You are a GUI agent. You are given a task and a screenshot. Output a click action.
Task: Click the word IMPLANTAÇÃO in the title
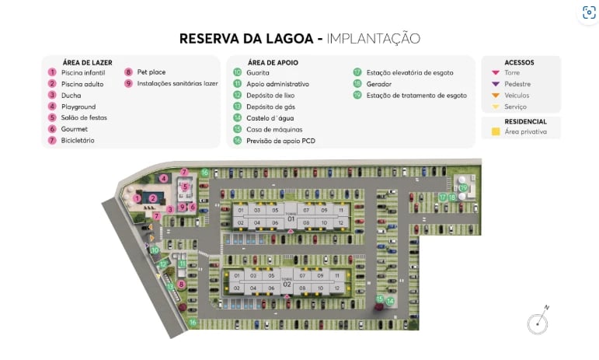coord(373,38)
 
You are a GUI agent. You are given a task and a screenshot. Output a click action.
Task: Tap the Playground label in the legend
coord(78,107)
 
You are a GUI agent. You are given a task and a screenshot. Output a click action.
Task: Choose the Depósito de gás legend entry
coord(270,107)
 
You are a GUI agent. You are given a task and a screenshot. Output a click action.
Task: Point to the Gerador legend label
coord(379,83)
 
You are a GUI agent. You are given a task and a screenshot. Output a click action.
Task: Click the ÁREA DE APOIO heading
coord(273,61)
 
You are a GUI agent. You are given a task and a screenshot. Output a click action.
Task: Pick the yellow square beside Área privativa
coord(496,132)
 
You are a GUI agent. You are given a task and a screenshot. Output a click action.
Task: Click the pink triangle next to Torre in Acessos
coord(496,72)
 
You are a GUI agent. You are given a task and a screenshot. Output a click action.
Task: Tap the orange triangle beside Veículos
coord(496,96)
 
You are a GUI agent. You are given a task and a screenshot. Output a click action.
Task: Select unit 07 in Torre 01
coord(306,210)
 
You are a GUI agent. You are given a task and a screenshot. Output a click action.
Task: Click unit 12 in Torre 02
coord(336,288)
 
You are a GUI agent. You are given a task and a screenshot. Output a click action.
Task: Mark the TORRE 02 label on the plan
coord(287,283)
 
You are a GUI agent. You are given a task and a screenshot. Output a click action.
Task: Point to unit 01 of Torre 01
coord(241,210)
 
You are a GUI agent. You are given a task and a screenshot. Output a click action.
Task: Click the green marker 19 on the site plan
coord(464,187)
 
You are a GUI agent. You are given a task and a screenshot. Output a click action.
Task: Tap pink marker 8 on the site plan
coord(181,285)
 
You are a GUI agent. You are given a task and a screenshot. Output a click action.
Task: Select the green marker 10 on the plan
coord(155,250)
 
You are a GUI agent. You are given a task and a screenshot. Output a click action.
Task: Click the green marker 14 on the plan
coord(391,301)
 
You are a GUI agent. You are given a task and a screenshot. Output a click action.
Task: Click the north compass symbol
coord(537,322)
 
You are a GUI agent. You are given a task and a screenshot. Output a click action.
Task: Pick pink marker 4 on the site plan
coord(164,178)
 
